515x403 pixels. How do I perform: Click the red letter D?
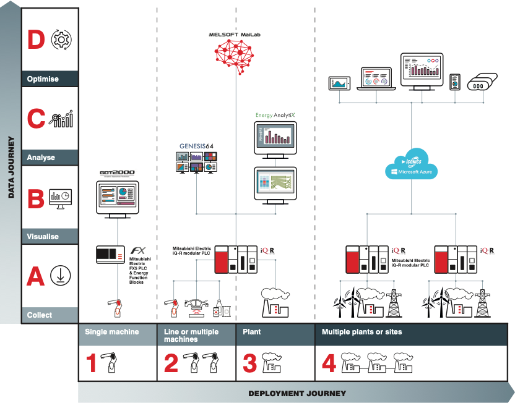[x=37, y=40]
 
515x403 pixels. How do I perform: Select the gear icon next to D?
[x=61, y=40]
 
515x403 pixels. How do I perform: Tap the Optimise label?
[x=43, y=79]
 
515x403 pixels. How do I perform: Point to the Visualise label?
[x=43, y=236]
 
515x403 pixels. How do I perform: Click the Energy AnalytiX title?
[x=274, y=115]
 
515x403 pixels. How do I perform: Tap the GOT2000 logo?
[x=116, y=174]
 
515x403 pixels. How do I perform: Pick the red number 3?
[x=249, y=363]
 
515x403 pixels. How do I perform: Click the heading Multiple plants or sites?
[x=361, y=332]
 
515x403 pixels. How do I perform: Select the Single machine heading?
[x=111, y=332]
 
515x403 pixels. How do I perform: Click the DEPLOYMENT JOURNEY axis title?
[x=297, y=394]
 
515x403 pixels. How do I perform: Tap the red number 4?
[x=329, y=363]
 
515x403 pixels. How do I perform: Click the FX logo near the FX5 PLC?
[x=137, y=252]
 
